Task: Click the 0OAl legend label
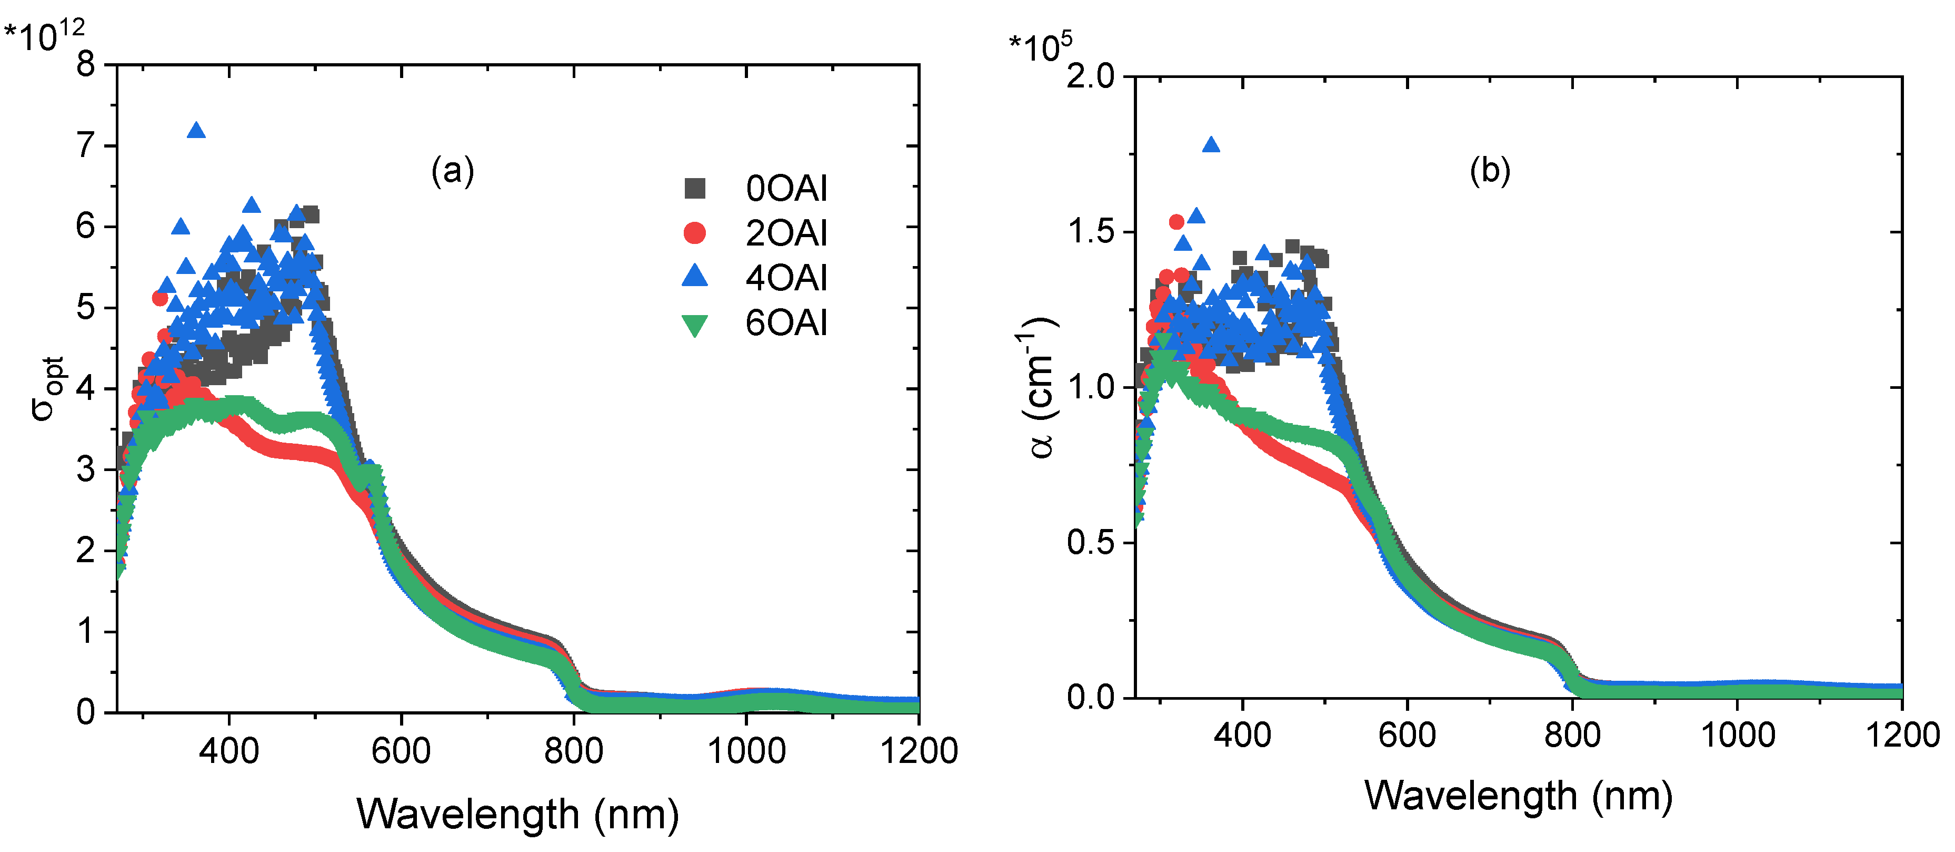(x=786, y=188)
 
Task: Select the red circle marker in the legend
(x=694, y=233)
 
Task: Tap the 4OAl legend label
(x=786, y=278)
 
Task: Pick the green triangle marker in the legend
(x=694, y=325)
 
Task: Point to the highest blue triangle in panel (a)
(x=196, y=131)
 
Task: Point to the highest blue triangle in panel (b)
(x=1211, y=145)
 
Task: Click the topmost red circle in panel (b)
(x=1176, y=222)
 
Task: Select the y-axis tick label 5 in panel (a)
(x=86, y=308)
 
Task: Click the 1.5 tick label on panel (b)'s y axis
(x=1091, y=232)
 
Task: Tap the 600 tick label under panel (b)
(x=1407, y=735)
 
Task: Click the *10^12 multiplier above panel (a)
(x=44, y=34)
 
